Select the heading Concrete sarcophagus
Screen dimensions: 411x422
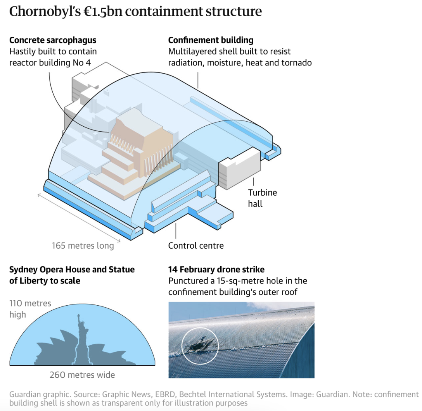point(53,40)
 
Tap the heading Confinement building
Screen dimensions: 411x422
point(211,40)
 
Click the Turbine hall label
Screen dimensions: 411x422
point(262,198)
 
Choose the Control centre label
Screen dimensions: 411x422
point(196,246)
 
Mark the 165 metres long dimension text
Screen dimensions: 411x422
point(83,246)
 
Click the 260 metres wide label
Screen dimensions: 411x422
point(82,375)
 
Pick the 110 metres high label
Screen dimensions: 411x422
point(30,309)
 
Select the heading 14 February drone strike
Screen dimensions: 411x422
point(216,270)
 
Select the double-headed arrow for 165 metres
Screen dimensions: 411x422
point(78,217)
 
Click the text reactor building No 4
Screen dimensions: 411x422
point(50,62)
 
